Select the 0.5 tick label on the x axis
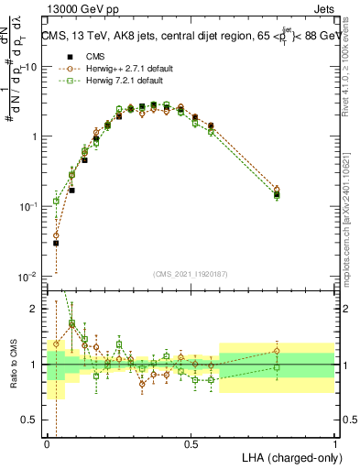tap(191, 443)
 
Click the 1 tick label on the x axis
tap(335, 443)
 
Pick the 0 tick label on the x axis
tap(47, 443)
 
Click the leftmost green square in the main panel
tap(56, 201)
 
